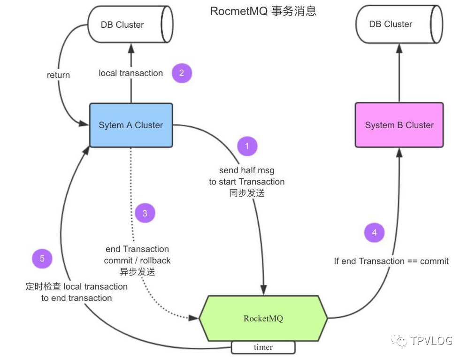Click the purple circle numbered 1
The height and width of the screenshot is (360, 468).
click(x=247, y=146)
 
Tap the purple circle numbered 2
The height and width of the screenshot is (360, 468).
click(x=182, y=73)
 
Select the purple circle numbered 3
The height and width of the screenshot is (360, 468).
click(x=145, y=213)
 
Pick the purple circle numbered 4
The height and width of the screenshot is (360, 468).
click(x=374, y=232)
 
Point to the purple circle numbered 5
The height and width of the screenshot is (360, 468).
click(x=42, y=259)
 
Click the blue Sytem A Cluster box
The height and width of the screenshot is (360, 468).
click(x=131, y=125)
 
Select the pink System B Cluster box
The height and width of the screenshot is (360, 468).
click(x=399, y=125)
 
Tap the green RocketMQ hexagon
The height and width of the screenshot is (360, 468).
click(x=263, y=318)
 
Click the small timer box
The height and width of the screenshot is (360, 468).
click(x=263, y=347)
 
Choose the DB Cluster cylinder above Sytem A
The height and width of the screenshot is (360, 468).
click(x=130, y=24)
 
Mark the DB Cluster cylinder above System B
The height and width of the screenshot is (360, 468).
click(x=399, y=24)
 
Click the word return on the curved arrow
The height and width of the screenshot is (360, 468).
click(x=58, y=75)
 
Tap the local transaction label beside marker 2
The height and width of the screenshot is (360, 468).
click(x=130, y=73)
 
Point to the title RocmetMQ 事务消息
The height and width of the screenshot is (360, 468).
click(x=263, y=11)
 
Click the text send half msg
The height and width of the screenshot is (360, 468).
click(x=246, y=170)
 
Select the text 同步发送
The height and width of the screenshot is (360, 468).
click(x=247, y=193)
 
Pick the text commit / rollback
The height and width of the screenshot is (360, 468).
click(x=137, y=260)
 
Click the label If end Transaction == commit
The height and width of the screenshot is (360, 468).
click(x=391, y=261)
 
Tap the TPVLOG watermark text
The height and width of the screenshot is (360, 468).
click(x=431, y=341)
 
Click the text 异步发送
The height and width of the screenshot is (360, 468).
click(x=137, y=272)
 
